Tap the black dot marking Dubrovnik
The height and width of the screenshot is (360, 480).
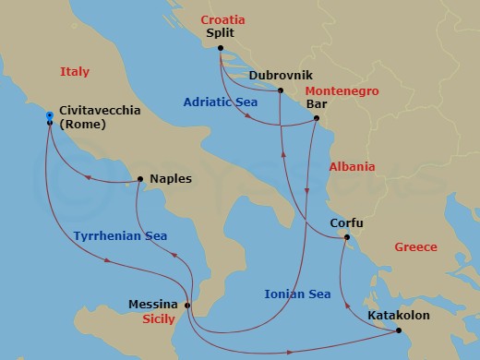pyautogui.click(x=280, y=90)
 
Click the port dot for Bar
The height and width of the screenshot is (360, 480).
pyautogui.click(x=317, y=118)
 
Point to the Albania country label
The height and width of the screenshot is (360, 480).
pyautogui.click(x=352, y=167)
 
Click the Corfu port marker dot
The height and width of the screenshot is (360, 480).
pyautogui.click(x=346, y=237)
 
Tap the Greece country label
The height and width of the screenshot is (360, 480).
pyautogui.click(x=417, y=247)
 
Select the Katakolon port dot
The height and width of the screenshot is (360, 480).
pyautogui.click(x=398, y=330)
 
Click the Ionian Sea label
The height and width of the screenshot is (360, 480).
pyautogui.click(x=297, y=294)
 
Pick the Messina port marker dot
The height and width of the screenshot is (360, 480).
pyautogui.click(x=187, y=306)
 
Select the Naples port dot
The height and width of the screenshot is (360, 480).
pyautogui.click(x=139, y=179)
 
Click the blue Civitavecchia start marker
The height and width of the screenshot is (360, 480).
pyautogui.click(x=49, y=114)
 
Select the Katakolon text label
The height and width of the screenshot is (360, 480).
pyautogui.click(x=399, y=315)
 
